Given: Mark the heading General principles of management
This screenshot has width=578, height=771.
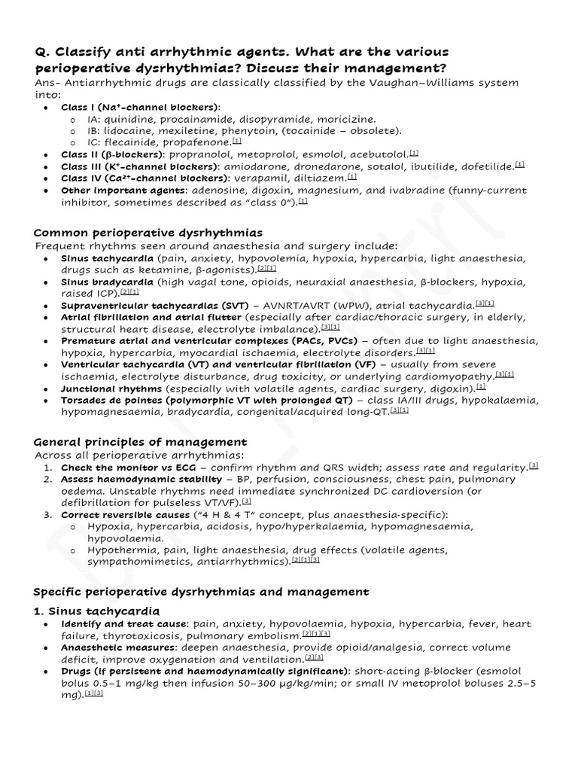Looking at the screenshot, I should coord(141,441).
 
